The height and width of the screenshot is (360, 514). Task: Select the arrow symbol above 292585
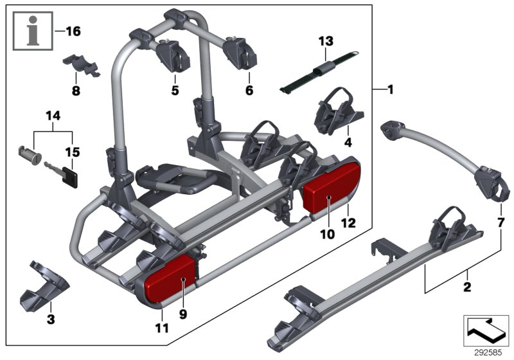tap(486, 328)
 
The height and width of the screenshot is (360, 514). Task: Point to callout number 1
tap(389, 90)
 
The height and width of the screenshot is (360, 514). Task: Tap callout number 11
tap(161, 328)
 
